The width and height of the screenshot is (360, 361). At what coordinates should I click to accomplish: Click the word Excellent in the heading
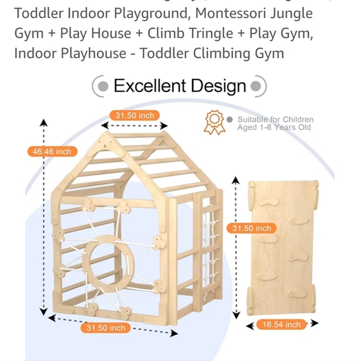pos(149,86)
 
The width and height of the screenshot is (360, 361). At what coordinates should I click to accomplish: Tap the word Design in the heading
pos(218,86)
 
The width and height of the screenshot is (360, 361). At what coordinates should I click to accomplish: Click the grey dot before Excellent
pos(103,86)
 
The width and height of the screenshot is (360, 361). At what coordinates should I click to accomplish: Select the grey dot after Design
pos(256,86)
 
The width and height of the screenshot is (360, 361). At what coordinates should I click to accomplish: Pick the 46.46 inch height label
pos(53,151)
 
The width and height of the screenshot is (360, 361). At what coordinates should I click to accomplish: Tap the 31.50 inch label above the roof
pos(134,115)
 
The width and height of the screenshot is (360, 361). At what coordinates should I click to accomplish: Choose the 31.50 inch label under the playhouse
pos(105,328)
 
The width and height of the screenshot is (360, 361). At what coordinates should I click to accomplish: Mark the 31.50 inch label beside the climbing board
pos(252,228)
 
